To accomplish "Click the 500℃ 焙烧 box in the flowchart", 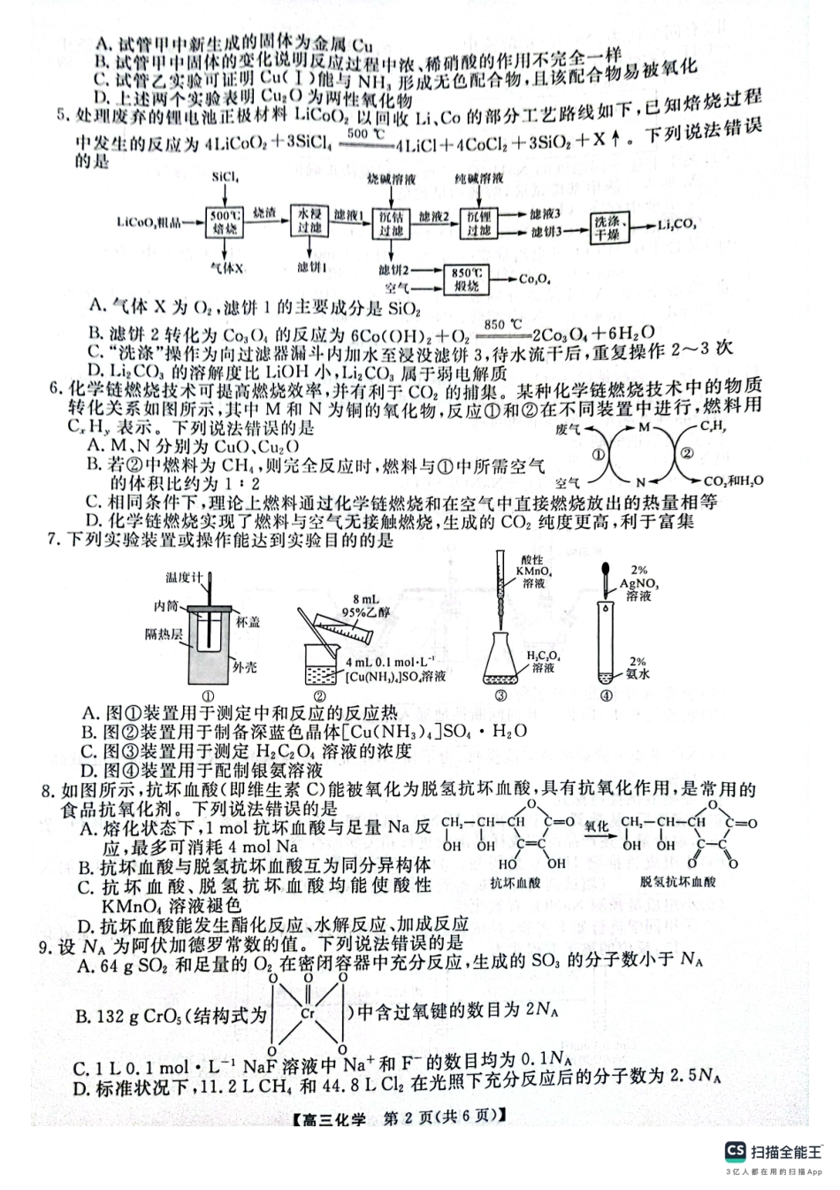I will [x=225, y=222].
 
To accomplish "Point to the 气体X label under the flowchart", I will [x=226, y=266].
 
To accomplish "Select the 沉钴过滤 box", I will [x=393, y=222].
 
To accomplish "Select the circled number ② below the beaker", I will [x=334, y=695].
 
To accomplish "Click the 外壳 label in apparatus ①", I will [x=244, y=666].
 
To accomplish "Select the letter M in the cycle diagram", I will [x=644, y=427].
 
